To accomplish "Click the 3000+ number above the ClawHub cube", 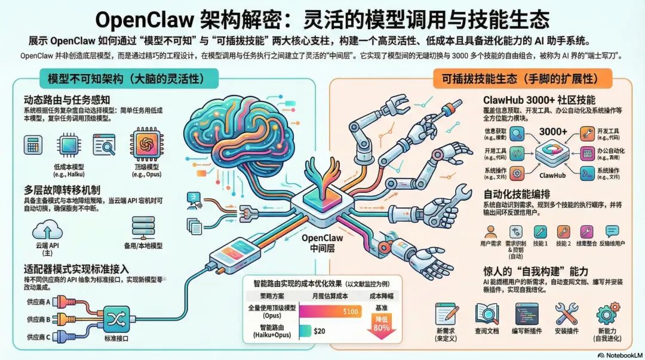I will pyautogui.click(x=552, y=131).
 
